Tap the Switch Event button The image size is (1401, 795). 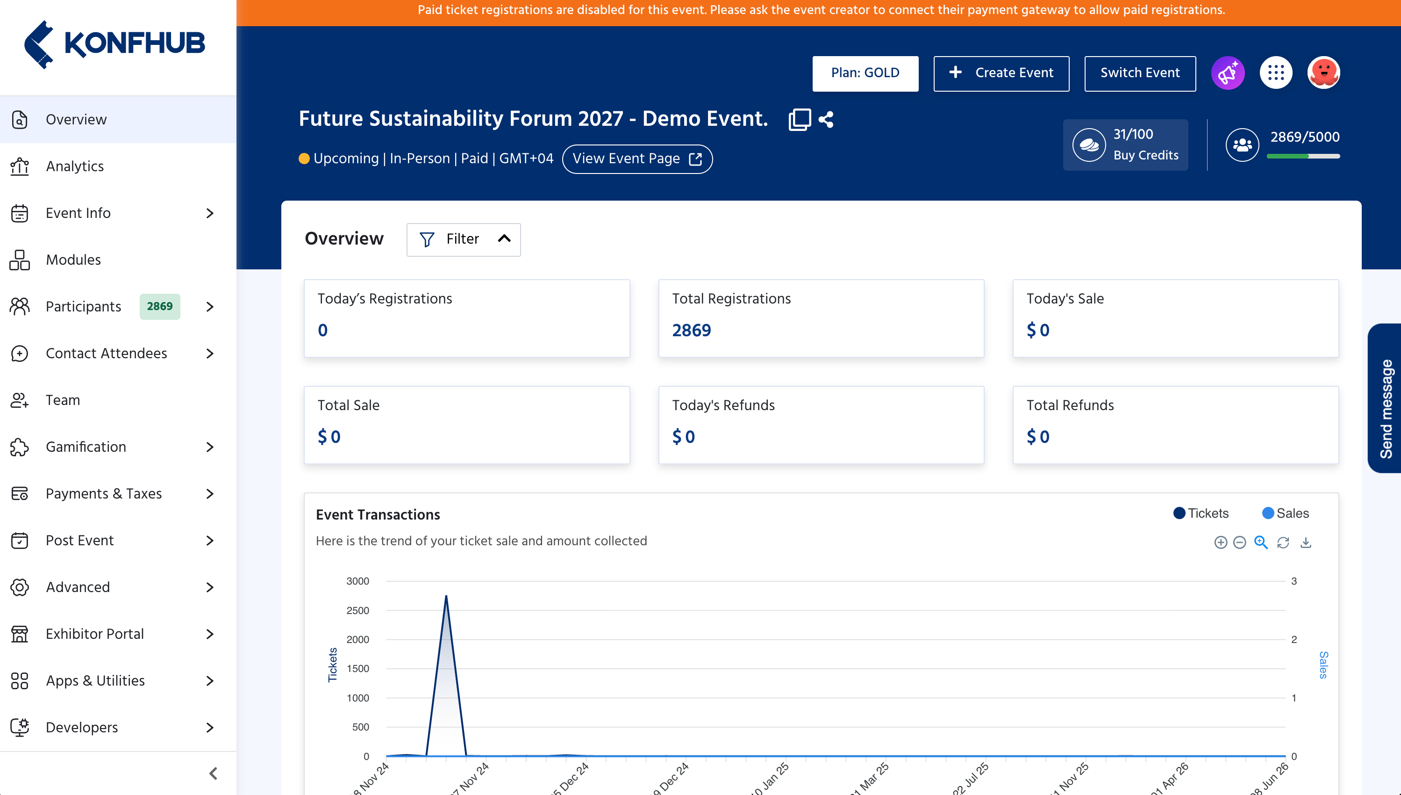pos(1140,73)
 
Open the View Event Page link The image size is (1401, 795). pos(636,159)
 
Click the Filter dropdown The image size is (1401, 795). pos(463,239)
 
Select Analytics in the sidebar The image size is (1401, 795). pos(75,166)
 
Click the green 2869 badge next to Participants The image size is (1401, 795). pos(159,306)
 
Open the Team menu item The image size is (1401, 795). pos(63,400)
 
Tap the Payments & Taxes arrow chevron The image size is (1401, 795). pos(210,493)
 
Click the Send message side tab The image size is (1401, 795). pos(1385,398)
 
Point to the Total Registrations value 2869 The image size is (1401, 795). pos(691,330)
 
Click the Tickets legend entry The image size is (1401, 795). pos(1201,513)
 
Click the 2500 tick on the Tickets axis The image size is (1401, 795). pos(357,610)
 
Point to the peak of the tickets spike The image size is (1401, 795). pos(446,596)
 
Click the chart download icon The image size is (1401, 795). pos(1306,542)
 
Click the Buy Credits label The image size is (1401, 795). pos(1146,155)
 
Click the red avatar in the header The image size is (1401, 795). pos(1323,72)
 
